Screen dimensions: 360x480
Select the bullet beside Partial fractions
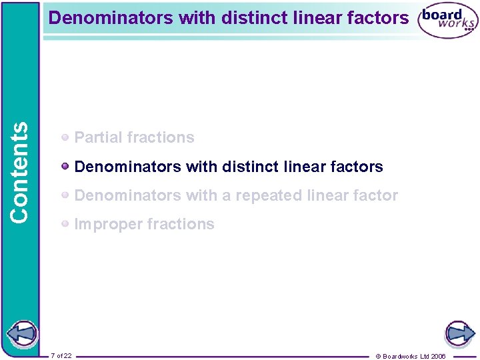click(65, 138)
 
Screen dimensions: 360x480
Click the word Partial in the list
click(96, 138)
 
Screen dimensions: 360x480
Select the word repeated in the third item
click(271, 196)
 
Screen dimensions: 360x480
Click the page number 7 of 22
click(61, 355)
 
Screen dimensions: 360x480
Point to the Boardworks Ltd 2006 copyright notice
click(411, 356)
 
